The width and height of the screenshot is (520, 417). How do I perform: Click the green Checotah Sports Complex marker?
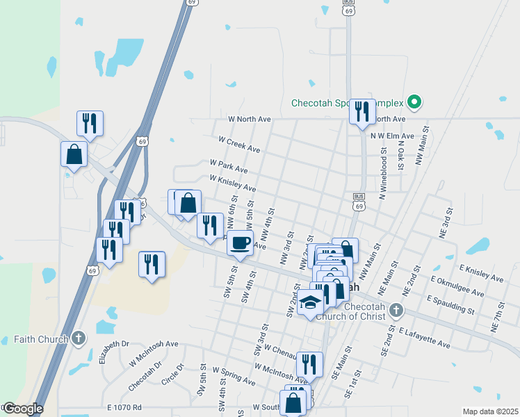415,104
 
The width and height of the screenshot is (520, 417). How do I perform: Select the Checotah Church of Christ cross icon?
396,309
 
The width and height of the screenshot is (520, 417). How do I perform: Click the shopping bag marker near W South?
293,402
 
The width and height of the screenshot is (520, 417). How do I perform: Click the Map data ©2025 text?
489,411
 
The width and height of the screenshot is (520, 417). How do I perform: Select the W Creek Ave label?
239,145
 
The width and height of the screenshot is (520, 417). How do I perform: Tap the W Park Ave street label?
229,165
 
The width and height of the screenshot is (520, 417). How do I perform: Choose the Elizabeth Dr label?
114,352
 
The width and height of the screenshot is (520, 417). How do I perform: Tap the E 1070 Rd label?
124,407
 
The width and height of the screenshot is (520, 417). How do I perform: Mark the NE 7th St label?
498,315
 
